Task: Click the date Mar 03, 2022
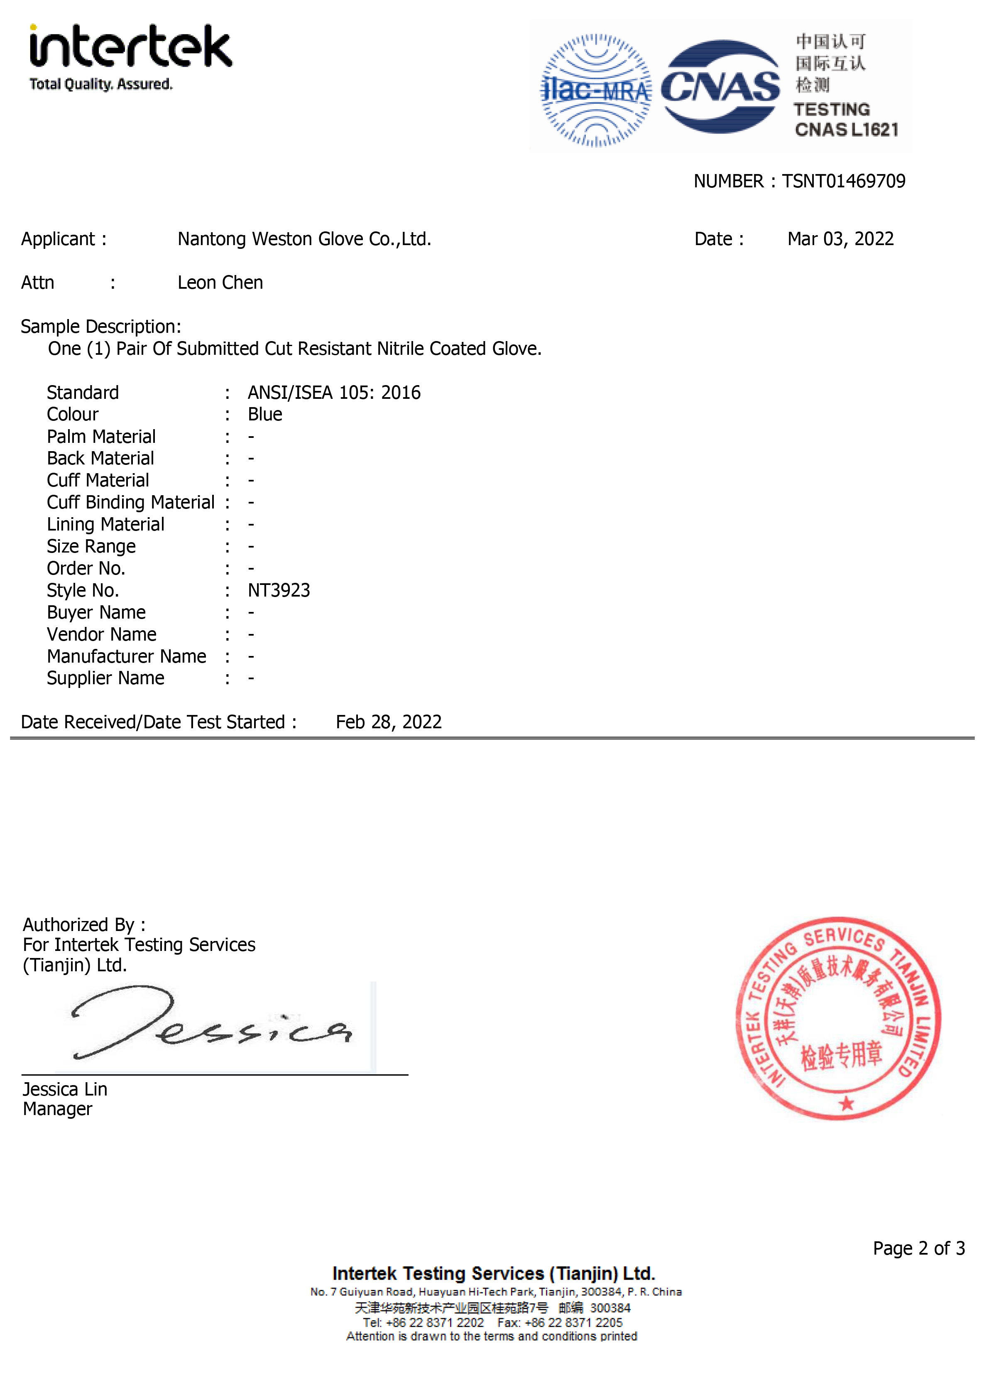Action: click(840, 239)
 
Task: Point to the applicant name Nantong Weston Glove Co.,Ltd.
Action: click(304, 239)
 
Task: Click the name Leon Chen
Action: click(220, 282)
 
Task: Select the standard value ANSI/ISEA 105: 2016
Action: click(334, 392)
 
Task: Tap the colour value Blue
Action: click(265, 414)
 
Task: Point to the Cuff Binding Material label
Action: click(130, 503)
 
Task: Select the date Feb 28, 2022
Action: click(389, 722)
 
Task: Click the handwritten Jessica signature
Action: click(210, 1024)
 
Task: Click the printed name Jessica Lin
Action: click(65, 1089)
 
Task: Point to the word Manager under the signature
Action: click(58, 1109)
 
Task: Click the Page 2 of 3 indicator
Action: click(918, 1248)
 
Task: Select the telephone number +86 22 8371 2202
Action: click(435, 1323)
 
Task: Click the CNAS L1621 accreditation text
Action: click(846, 130)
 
